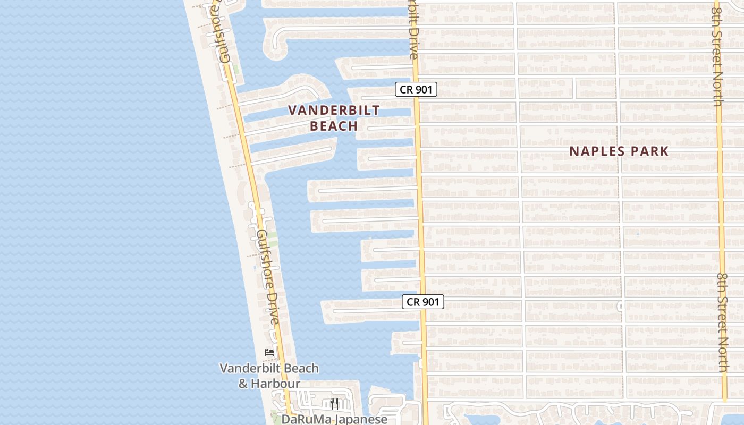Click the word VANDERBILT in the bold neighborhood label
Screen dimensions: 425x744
(x=334, y=110)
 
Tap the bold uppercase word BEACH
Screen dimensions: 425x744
(x=334, y=126)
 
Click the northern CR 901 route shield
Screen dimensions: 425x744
(x=416, y=90)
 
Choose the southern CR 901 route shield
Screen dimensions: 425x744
(x=422, y=302)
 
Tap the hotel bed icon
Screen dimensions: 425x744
(x=269, y=353)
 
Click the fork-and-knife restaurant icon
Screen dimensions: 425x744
(x=334, y=403)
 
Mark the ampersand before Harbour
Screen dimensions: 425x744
(x=243, y=383)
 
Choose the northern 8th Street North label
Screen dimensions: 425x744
(x=716, y=53)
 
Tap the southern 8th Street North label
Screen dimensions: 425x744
(x=723, y=322)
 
